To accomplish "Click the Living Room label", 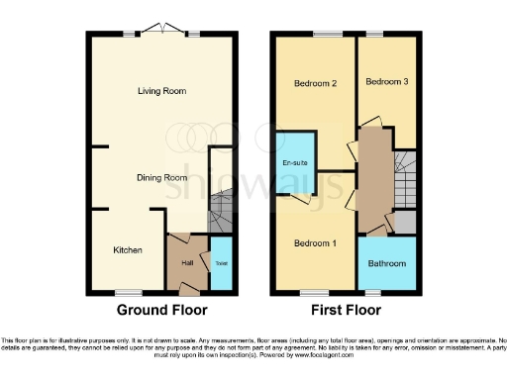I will [162, 91].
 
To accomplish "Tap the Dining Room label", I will [161, 178].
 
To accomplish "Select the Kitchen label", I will [127, 249].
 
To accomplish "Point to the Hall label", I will [188, 263].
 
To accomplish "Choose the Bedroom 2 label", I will [316, 84].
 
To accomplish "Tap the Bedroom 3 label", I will [386, 81].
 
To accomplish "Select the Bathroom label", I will [386, 264].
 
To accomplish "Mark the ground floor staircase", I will [221, 210].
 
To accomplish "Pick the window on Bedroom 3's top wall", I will [375, 35].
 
